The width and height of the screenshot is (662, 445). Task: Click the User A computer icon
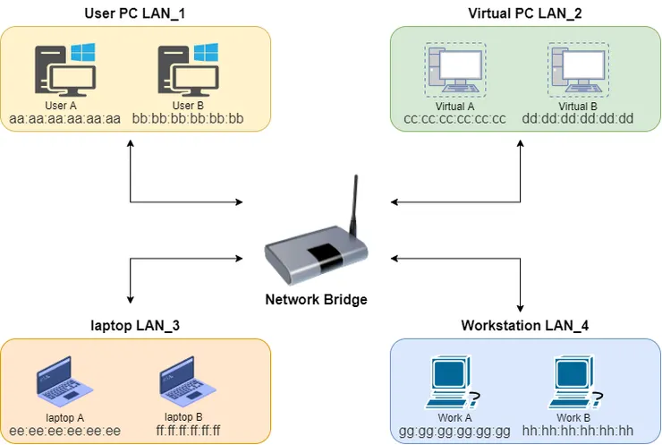tap(64, 69)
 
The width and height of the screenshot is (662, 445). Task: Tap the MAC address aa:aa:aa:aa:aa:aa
tap(64, 118)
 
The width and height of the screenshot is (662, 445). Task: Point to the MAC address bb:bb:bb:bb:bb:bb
tap(188, 118)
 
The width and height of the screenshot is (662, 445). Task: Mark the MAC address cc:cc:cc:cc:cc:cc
tap(454, 118)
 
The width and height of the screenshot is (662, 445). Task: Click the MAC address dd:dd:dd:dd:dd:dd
tap(578, 118)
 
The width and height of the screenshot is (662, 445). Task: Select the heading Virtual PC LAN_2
tap(524, 13)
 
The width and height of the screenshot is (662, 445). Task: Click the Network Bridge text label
tap(316, 299)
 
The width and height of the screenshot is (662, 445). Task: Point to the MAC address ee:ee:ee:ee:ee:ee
tap(64, 431)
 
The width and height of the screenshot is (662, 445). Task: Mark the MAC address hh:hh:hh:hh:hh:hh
tap(577, 431)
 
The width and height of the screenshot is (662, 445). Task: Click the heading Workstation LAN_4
tap(524, 325)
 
